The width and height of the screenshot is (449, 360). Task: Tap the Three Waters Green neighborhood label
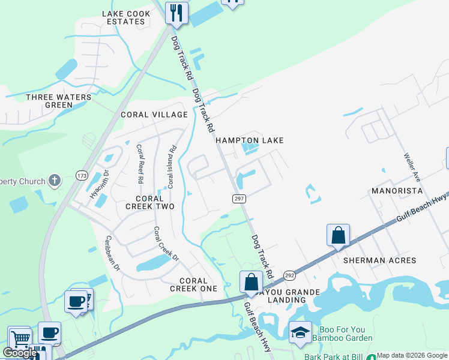(x=59, y=101)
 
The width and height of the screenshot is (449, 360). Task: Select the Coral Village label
(x=154, y=115)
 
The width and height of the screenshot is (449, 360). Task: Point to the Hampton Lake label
(x=249, y=140)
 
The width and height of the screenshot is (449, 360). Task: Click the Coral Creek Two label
(x=149, y=202)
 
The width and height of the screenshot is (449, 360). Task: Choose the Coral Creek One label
(x=193, y=284)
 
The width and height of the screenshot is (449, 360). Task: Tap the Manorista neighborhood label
(x=397, y=191)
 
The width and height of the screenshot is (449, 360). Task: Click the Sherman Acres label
(x=379, y=260)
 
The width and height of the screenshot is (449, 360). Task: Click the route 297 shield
(x=238, y=198)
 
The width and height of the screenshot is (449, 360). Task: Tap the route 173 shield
(x=82, y=175)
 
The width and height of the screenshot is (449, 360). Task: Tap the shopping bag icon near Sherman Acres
(x=338, y=235)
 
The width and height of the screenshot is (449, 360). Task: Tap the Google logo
(x=20, y=353)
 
